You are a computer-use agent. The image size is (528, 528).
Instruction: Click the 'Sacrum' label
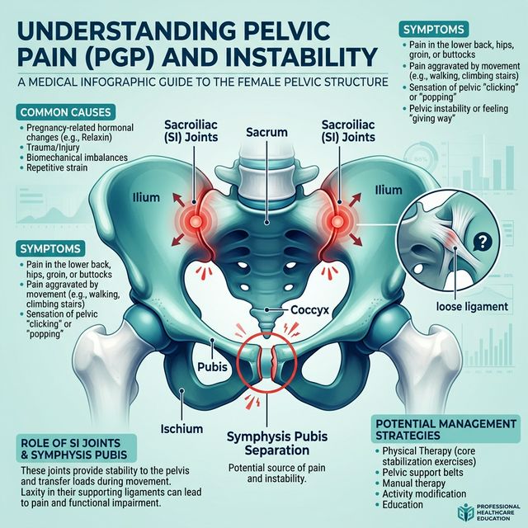point(265,131)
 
